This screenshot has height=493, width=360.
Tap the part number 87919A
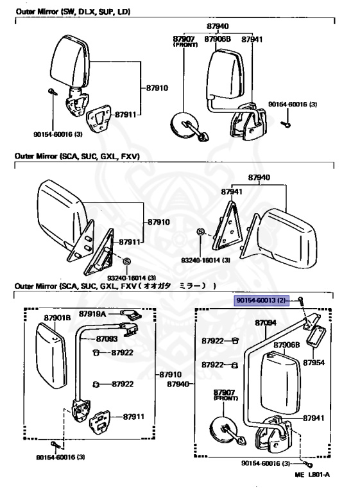pyautogui.click(x=92, y=314)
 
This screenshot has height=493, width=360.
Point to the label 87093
pyautogui.click(x=107, y=338)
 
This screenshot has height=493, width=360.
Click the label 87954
pyautogui.click(x=314, y=363)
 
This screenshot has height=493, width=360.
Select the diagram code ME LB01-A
pyautogui.click(x=313, y=474)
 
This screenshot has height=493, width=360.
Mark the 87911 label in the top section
pyautogui.click(x=125, y=114)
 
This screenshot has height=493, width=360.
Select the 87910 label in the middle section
pyautogui.click(x=159, y=222)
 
